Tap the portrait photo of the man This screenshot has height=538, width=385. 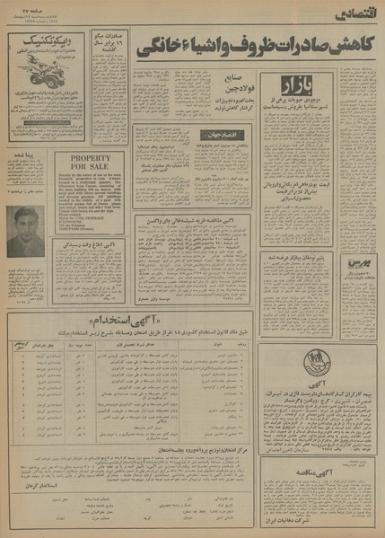26,230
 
